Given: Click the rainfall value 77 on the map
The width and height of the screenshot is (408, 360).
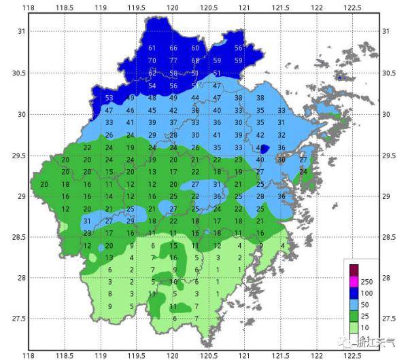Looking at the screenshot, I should [173, 60].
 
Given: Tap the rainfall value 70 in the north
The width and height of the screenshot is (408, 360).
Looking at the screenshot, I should [152, 60].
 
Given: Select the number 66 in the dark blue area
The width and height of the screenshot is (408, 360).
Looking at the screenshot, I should [173, 48].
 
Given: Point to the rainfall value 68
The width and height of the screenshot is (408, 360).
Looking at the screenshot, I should [195, 60].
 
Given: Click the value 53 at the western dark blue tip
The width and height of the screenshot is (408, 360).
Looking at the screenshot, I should [109, 98].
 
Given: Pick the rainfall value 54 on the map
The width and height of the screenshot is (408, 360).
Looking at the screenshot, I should [152, 86].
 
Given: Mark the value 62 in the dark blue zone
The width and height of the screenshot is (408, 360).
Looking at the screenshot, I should [152, 73].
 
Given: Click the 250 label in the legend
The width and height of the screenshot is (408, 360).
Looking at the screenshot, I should [367, 281].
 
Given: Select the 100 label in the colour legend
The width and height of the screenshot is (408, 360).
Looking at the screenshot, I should [367, 293].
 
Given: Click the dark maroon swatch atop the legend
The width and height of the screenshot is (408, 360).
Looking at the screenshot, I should [354, 268].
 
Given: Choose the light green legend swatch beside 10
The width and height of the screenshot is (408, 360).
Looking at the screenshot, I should [354, 329].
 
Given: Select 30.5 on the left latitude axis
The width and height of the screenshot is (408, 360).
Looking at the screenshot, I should [21, 73].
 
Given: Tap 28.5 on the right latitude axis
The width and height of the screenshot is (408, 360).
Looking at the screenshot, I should [389, 237].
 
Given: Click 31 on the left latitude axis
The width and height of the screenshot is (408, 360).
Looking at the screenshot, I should [21, 32].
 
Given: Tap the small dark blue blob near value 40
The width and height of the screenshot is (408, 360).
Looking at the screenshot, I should [265, 148].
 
